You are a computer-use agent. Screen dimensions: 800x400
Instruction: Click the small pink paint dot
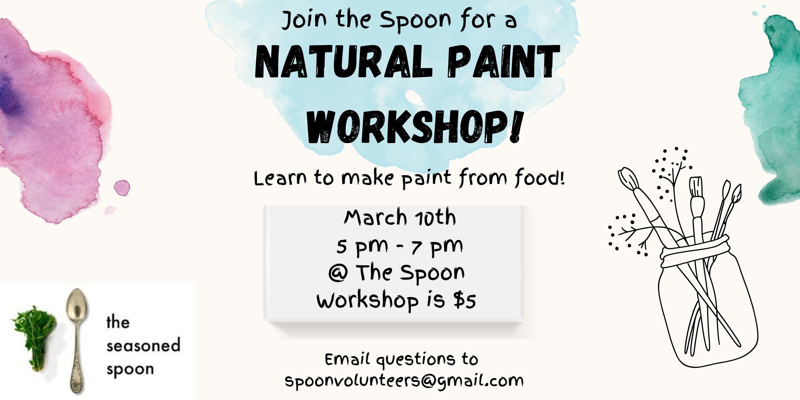[122, 187]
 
